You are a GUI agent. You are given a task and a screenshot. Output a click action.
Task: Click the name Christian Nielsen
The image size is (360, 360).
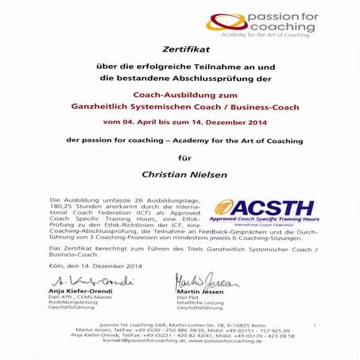pyautogui.click(x=180, y=171)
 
